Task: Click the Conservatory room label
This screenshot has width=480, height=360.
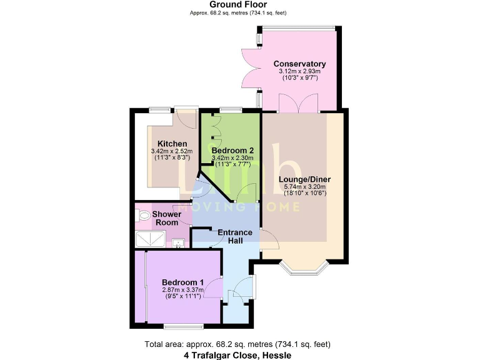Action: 299,64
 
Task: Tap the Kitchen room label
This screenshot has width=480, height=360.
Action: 172,144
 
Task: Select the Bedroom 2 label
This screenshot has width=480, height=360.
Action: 232,151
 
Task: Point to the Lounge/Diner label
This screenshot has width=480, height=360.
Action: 304,179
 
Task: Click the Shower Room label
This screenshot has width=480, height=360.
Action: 167,218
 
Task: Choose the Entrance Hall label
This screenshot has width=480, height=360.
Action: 235,237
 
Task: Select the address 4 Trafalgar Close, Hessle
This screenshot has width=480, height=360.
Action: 237,355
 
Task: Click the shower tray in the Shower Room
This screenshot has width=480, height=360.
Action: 150,238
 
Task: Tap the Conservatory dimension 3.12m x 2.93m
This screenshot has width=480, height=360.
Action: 299,72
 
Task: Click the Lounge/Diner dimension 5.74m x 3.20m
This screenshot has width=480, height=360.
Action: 304,187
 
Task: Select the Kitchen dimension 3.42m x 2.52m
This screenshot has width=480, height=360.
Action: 172,151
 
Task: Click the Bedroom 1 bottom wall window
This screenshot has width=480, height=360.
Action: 183,326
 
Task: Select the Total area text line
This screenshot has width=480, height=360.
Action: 237,344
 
